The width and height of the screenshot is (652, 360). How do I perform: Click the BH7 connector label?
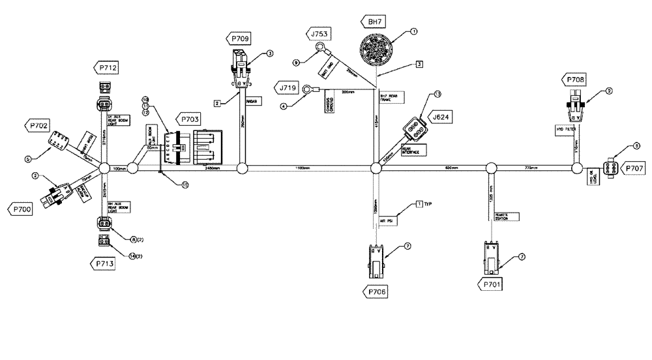[x=373, y=22]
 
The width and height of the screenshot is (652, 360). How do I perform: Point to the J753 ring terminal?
[x=320, y=46]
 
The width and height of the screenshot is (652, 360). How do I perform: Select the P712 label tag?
[x=106, y=67]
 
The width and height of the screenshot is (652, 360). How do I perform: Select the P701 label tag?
[x=492, y=284]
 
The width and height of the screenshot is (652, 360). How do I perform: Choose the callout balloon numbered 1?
[x=413, y=31]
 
